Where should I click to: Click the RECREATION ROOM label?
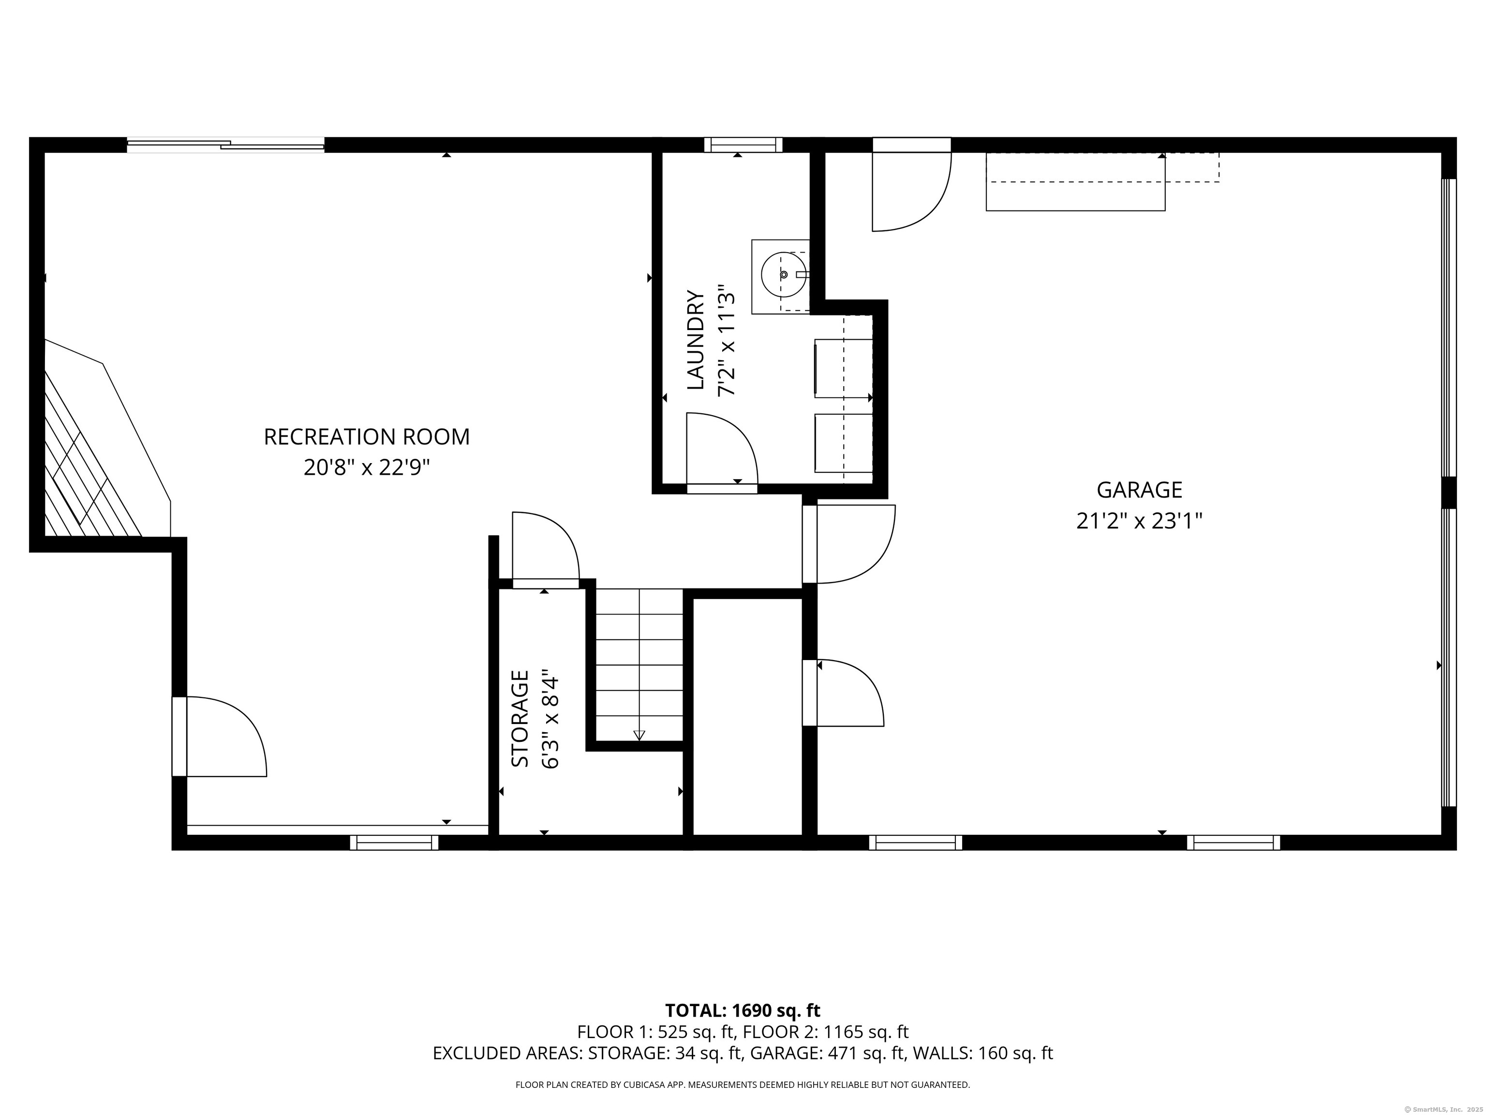(x=366, y=437)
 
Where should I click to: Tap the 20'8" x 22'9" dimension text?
(x=366, y=467)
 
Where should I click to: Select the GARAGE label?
(x=1139, y=490)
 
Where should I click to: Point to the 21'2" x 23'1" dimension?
(x=1139, y=521)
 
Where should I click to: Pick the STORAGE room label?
(x=520, y=719)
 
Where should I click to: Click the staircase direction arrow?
(x=639, y=735)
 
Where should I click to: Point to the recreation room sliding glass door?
(x=226, y=145)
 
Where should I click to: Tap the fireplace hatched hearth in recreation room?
(x=84, y=464)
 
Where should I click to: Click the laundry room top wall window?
(x=743, y=145)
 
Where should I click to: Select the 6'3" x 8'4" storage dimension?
(x=551, y=719)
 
